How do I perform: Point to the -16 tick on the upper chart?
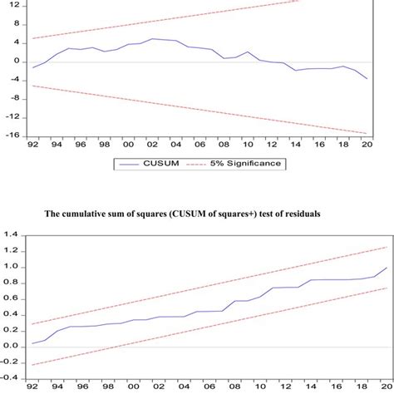(x=14, y=135)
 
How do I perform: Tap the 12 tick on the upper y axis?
(x=17, y=5)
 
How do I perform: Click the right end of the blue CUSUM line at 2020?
(x=366, y=79)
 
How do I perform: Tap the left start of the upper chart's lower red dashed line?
(x=33, y=86)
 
